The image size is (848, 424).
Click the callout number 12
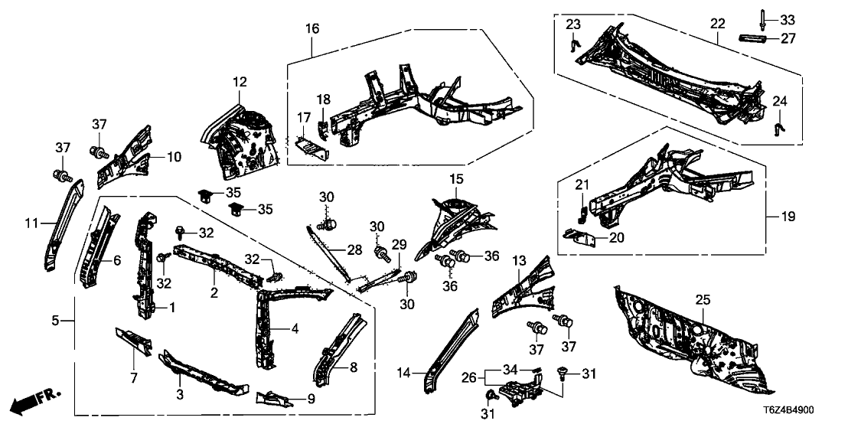pyautogui.click(x=240, y=81)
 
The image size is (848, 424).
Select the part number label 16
pyautogui.click(x=311, y=28)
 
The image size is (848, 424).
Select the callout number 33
pyautogui.click(x=788, y=18)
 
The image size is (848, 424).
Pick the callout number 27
pyautogui.click(x=788, y=38)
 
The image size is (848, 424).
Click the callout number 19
pyautogui.click(x=788, y=217)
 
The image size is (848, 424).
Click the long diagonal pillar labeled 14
pyautogui.click(x=449, y=348)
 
